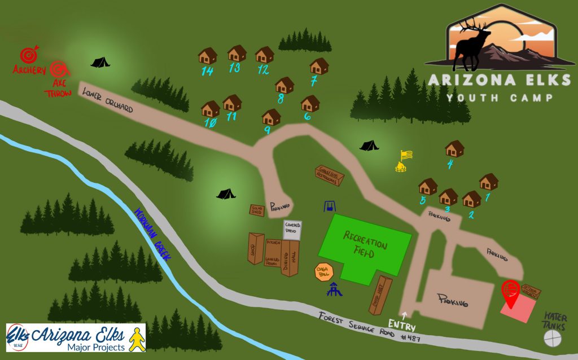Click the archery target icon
pos(28,55)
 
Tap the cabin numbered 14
pos(208,56)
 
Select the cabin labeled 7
pos(319,66)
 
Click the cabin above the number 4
pos(454,148)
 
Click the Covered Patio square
pos(293,230)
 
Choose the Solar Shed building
pos(257,209)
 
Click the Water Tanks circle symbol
pos(553,338)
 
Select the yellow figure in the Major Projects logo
pos(135,338)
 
